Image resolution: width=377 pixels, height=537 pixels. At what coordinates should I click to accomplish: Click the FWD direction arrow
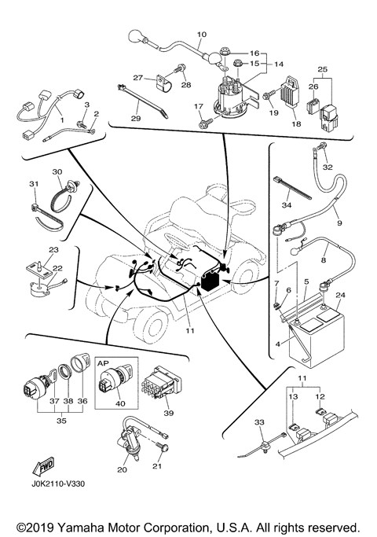point(43,467)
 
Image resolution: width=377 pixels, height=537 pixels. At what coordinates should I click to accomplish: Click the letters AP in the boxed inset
point(103,363)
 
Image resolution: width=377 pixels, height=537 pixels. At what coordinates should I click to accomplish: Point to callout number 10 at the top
point(202,35)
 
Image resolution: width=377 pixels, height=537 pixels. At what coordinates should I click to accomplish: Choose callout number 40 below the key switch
point(120,403)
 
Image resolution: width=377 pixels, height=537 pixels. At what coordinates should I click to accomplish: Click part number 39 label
point(168,413)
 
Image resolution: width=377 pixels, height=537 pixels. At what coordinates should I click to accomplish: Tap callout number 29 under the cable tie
point(135,119)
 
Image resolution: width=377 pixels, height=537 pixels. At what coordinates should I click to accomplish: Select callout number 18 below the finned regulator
point(296,123)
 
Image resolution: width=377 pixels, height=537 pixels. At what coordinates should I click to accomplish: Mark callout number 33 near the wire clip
point(259,422)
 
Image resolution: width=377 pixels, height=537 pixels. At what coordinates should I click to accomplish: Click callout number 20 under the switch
point(122,469)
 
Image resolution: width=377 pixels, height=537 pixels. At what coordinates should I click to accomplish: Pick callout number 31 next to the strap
point(34,184)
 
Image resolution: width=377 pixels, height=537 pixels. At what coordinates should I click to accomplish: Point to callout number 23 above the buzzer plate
point(53,250)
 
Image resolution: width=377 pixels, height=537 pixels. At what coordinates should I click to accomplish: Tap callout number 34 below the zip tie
point(287,205)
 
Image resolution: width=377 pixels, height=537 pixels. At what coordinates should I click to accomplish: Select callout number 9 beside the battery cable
point(339,223)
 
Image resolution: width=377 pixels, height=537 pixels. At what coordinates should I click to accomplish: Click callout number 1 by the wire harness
point(62,120)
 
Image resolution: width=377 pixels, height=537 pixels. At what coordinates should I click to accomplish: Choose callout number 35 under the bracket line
point(61,421)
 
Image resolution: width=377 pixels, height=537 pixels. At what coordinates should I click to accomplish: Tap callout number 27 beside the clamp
point(138,77)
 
